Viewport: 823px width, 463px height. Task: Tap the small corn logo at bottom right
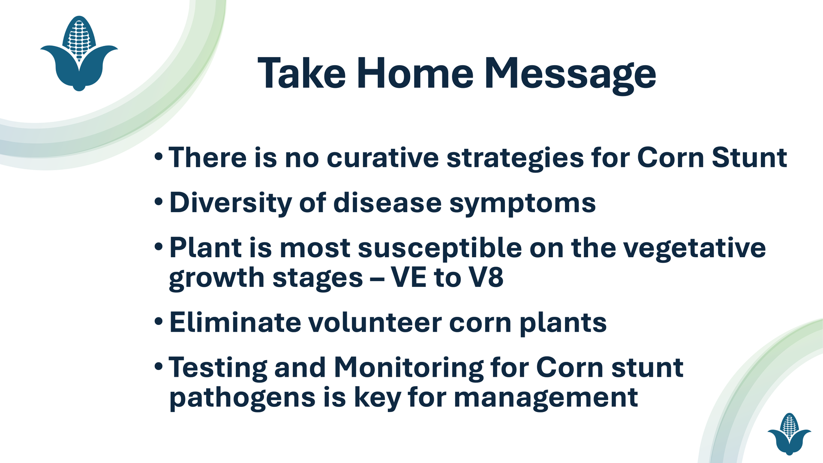pos(789,433)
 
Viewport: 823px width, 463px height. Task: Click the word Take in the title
pos(302,73)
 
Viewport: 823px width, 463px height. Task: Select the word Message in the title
pos(571,75)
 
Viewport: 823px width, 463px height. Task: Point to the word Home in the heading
pos(415,73)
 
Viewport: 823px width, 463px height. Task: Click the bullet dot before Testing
pos(159,367)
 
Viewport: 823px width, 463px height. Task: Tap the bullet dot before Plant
pos(159,247)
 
